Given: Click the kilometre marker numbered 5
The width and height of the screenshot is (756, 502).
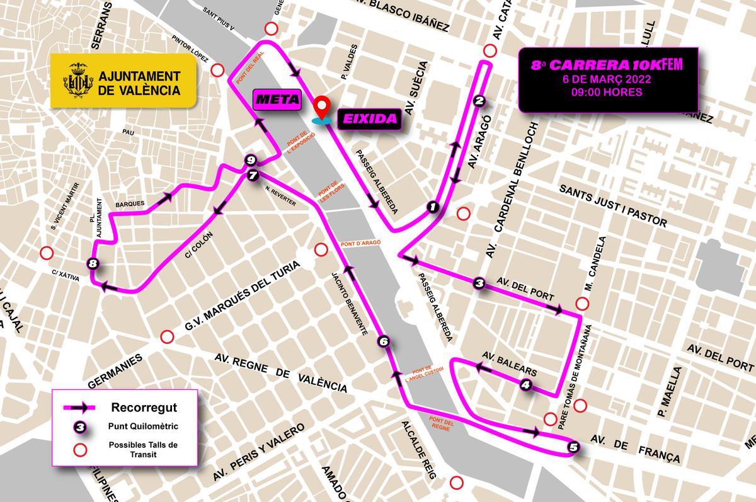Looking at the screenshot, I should pos(573,448).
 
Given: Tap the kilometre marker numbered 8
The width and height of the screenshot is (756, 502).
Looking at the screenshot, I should pos(93,264).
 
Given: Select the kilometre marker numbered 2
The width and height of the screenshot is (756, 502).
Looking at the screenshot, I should pos(479,100).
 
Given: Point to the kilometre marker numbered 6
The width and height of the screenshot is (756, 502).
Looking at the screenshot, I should pos(384,341).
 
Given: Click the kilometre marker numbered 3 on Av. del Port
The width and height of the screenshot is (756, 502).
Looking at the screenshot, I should pos(479,284).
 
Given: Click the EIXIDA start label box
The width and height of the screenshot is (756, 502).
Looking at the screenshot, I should pos(370,118).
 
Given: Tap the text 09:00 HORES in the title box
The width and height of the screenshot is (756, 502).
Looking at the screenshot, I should pos(608,92).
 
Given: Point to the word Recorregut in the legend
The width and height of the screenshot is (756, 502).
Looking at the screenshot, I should pos(144,406).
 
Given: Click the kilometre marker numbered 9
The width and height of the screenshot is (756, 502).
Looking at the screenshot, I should pos(250,159).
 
